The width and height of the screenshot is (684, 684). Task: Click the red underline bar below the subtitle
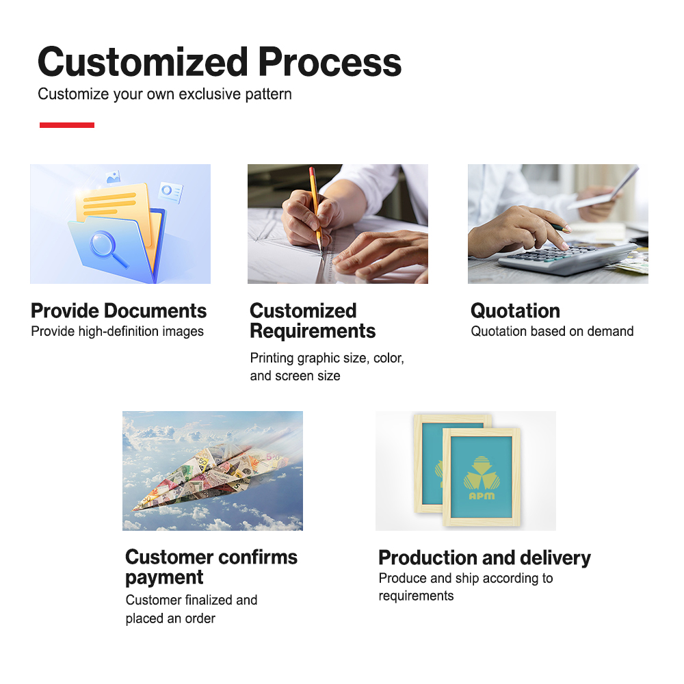(67, 125)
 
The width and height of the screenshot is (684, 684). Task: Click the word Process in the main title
(330, 62)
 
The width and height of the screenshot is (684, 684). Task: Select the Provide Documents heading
(118, 311)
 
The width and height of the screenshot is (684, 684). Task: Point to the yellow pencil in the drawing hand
(316, 208)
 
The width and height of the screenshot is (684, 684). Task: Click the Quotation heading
(515, 311)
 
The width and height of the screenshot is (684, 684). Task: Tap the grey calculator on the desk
(567, 259)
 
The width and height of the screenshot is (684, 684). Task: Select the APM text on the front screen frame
(482, 496)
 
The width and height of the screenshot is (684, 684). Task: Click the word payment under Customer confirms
(164, 577)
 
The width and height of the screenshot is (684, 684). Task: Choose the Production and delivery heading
(485, 558)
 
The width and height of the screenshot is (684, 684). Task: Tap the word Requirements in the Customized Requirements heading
(313, 331)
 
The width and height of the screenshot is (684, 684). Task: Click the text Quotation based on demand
(552, 332)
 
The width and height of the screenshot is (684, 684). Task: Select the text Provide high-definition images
(118, 332)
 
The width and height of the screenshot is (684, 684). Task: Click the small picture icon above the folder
(114, 176)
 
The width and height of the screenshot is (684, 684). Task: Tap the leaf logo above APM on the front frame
(482, 473)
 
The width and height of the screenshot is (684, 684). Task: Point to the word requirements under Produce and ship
(416, 596)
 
